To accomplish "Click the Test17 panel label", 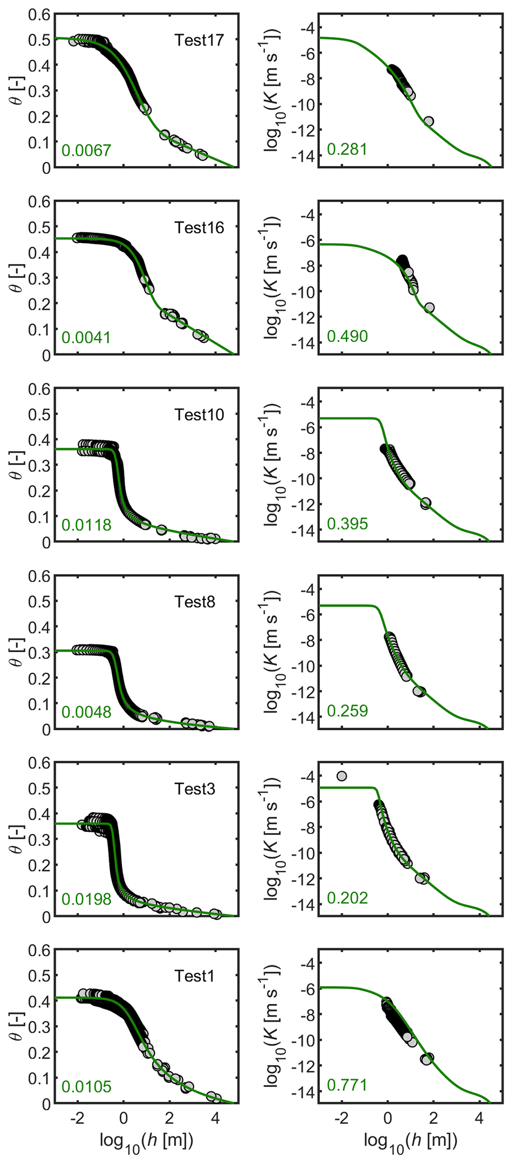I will point(199,40).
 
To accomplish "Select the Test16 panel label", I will point(199,228).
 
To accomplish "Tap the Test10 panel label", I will point(199,415).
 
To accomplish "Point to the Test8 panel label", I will point(195,602).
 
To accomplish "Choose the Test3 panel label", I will point(195,789).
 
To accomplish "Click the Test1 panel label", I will point(195,976).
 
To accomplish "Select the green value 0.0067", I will point(86,150).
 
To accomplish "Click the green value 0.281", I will point(347,149).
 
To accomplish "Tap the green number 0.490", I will point(347,336).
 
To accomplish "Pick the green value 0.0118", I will point(86,525).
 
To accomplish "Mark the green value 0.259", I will point(347,711).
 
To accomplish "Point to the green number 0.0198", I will point(86,899).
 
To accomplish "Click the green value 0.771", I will point(347,1085).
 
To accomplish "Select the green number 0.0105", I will point(86,1086).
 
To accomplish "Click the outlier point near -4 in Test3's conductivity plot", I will point(342,776).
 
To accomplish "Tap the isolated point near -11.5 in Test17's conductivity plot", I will point(429,121).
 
